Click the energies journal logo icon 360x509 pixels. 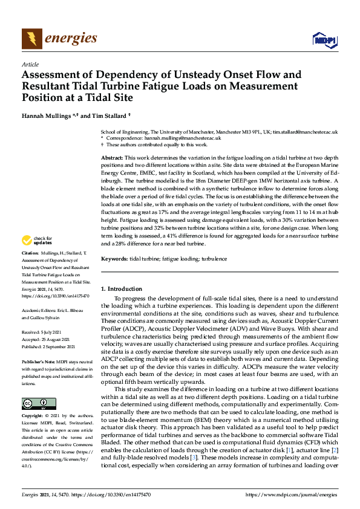[x=31, y=39]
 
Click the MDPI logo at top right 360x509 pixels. [x=324, y=40]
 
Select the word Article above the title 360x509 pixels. [x=30, y=64]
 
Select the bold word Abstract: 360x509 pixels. [x=113, y=157]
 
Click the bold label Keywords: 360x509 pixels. [x=114, y=259]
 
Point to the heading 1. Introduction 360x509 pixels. [x=121, y=289]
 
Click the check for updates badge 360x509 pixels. [x=38, y=258]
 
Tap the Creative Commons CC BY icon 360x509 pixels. [x=35, y=404]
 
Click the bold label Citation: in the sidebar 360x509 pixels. [x=30, y=270]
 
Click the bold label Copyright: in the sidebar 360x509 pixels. [x=33, y=416]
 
